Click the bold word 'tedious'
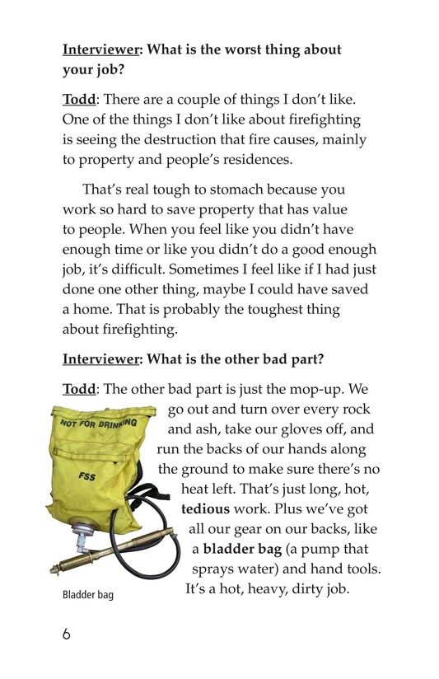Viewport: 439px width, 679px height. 206,509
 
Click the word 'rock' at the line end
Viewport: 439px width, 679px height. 353,410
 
